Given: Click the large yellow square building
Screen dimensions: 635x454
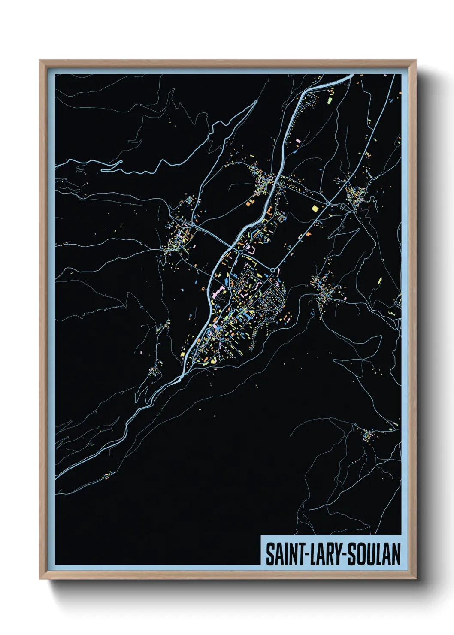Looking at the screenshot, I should pyautogui.click(x=315, y=209).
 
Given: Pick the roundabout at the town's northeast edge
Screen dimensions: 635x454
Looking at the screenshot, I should pyautogui.click(x=273, y=270).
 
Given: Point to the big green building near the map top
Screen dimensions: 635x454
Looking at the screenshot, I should pyautogui.click(x=330, y=101).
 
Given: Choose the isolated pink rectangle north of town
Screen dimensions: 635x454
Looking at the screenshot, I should pyautogui.click(x=298, y=140).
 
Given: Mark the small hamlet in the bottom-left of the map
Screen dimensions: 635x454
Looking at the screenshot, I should pyautogui.click(x=110, y=475).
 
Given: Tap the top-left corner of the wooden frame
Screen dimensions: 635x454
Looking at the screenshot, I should pyautogui.click(x=40, y=61).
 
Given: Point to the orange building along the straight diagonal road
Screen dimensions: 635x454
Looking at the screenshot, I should pyautogui.click(x=308, y=234).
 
